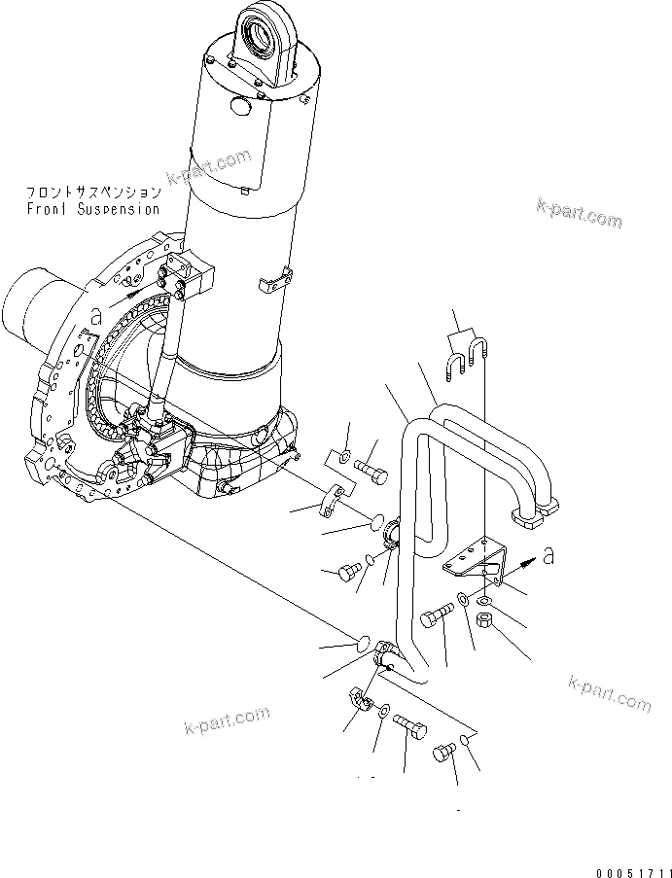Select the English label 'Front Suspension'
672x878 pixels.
[x=93, y=209]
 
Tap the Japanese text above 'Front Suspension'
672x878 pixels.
[x=93, y=193]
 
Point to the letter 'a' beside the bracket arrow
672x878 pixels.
[x=549, y=555]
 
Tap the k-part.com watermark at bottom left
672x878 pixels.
[x=226, y=721]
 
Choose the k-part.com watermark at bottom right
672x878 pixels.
[x=611, y=692]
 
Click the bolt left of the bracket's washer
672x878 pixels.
[x=436, y=616]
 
